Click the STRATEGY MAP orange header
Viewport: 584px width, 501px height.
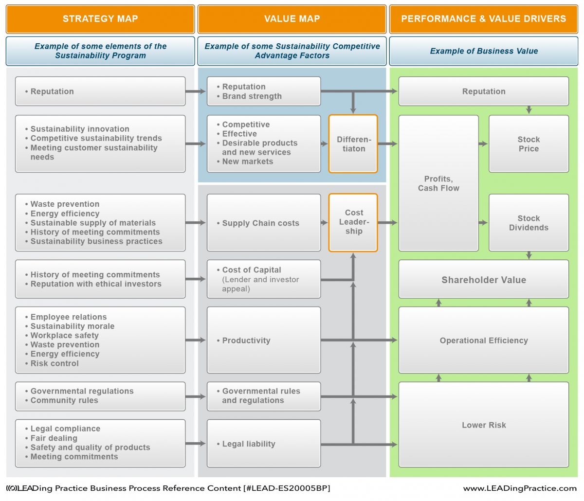tap(100, 19)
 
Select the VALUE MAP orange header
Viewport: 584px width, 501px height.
tap(292, 19)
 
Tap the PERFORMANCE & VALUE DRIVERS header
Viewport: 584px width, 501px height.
tap(483, 19)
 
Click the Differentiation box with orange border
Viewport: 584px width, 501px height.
tap(353, 144)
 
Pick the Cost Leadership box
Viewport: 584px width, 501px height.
tap(353, 222)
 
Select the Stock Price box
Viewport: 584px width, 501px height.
tap(529, 144)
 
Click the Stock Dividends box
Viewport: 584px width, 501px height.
tap(529, 223)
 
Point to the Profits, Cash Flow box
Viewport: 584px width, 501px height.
tap(438, 183)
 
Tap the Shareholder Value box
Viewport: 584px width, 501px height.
tap(484, 280)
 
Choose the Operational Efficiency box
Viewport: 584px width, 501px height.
tap(484, 340)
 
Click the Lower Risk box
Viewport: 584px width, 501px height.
tap(484, 425)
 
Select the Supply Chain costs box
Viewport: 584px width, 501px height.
tap(264, 223)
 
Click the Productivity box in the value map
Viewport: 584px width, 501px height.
tap(264, 340)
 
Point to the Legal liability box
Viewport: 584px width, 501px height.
tap(264, 444)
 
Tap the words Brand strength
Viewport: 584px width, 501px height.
tap(252, 96)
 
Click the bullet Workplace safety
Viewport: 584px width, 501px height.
tap(64, 336)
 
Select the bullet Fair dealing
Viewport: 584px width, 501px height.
tap(54, 438)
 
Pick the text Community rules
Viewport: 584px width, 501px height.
tap(64, 400)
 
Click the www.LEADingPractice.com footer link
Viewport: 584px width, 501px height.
tap(520, 488)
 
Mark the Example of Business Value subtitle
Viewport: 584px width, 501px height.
tap(484, 51)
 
